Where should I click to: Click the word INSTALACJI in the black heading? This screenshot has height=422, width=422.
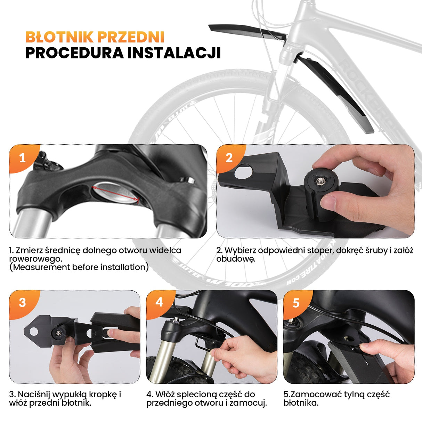coord(174,53)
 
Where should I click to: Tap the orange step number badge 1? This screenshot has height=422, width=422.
coord(22,158)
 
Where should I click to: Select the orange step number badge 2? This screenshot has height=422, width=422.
coord(229,158)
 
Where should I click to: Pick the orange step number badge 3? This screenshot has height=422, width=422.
coord(22,302)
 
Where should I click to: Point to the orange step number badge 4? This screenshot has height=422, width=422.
coord(159,302)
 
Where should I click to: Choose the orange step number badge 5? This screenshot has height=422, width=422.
coord(296,303)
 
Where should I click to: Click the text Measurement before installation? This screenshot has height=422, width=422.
coord(79,268)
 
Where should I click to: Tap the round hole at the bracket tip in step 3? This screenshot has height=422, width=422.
coord(34,332)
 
